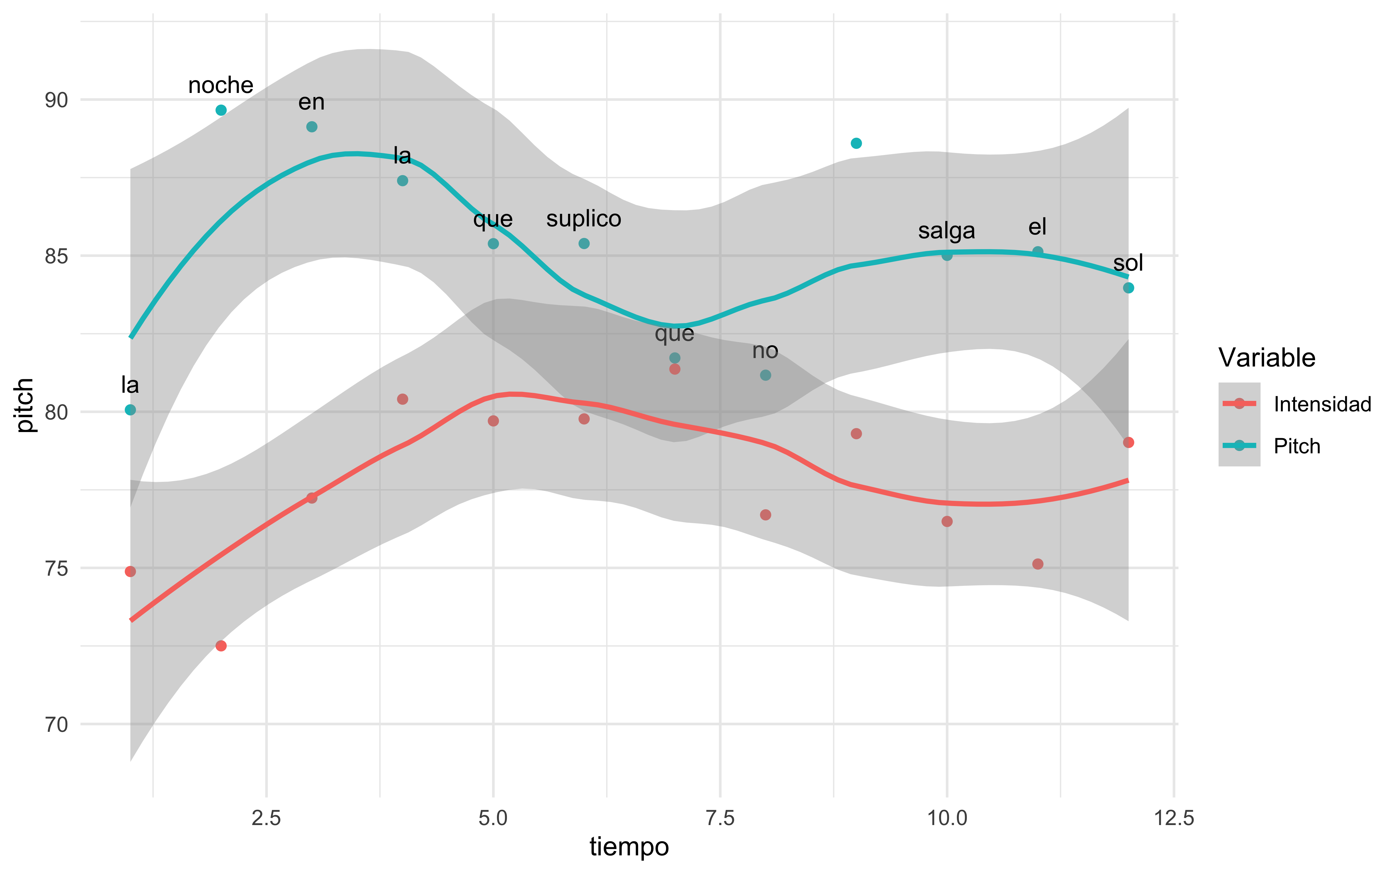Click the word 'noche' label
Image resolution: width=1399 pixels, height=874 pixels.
click(x=221, y=86)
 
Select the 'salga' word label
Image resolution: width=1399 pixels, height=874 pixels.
click(x=946, y=231)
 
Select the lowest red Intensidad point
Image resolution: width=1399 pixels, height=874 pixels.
click(x=221, y=646)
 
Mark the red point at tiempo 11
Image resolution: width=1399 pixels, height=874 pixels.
click(x=1038, y=564)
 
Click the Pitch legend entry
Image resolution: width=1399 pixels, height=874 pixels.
click(x=1297, y=446)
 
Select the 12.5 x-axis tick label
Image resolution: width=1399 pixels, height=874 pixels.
click(x=1173, y=819)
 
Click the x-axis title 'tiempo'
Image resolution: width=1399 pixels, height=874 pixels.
click(x=629, y=847)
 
